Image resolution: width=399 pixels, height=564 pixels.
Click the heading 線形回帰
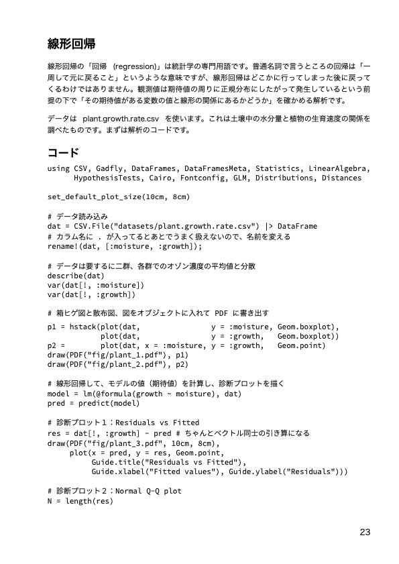pos(71,45)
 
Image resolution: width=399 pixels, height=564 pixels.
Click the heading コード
pos(64,152)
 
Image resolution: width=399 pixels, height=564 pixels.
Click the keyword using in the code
pos(58,168)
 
